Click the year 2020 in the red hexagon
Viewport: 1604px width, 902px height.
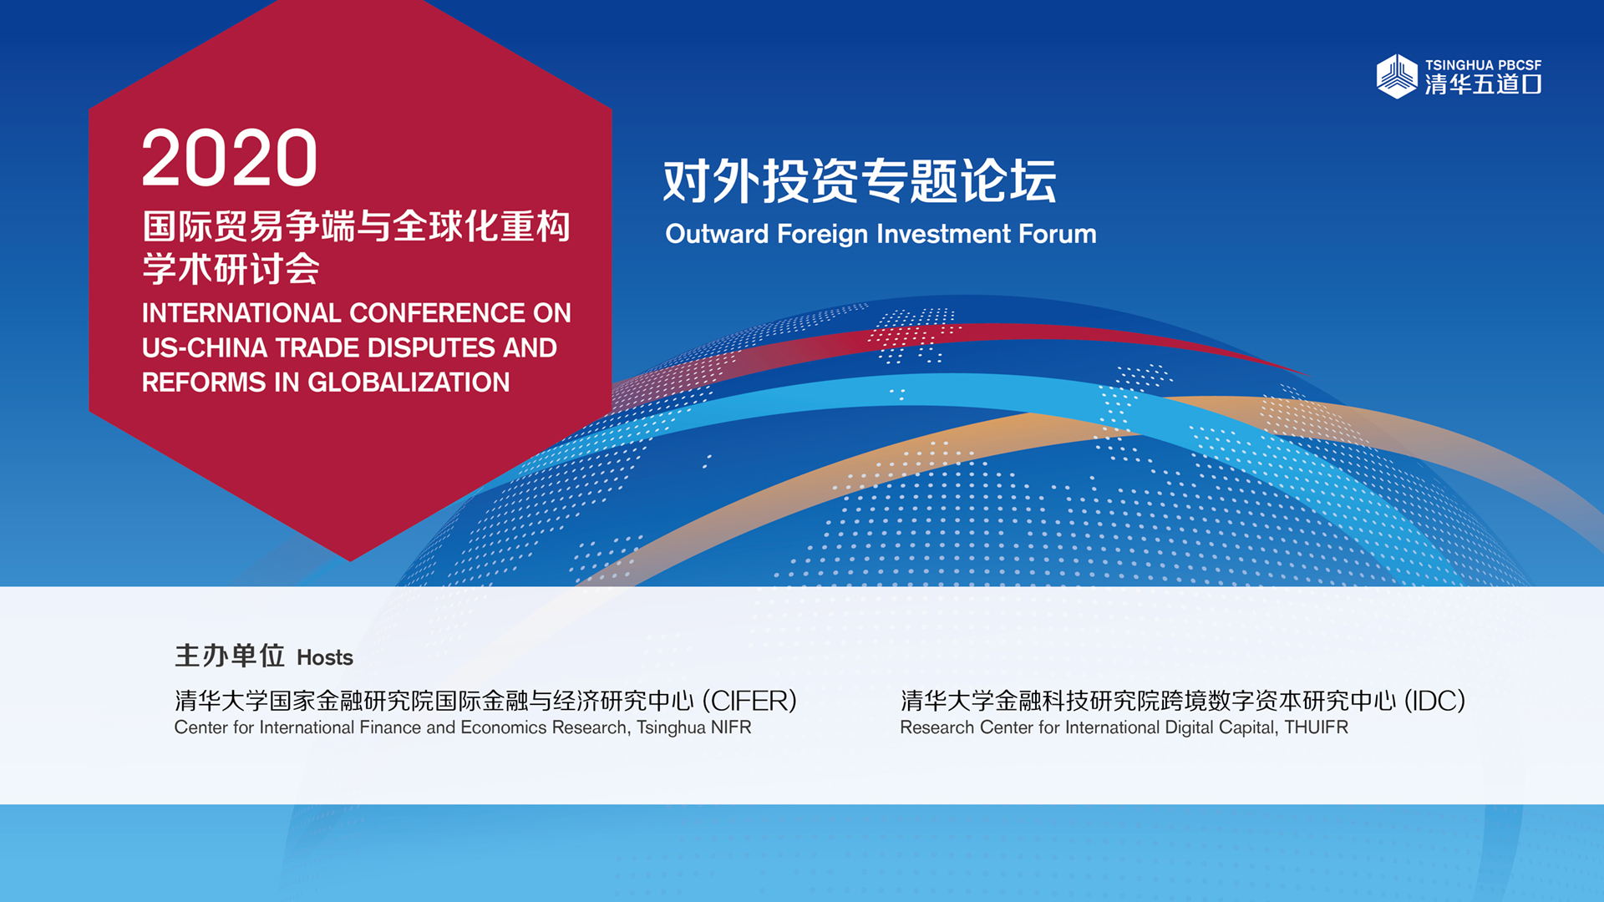230,158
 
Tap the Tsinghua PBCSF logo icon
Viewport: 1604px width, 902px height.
1397,76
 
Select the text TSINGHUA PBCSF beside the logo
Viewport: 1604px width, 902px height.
1483,65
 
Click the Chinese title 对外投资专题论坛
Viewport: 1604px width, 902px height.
860,180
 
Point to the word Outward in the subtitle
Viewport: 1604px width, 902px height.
717,234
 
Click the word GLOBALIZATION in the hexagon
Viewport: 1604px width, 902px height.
409,383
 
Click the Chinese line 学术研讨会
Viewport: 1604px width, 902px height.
231,269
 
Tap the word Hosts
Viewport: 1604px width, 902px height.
325,658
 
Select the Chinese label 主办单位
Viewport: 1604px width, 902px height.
230,656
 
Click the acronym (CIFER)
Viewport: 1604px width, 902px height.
749,701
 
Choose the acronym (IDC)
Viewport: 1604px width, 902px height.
1434,701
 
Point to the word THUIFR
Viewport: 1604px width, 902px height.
1316,727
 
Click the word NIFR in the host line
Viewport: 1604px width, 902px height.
731,727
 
